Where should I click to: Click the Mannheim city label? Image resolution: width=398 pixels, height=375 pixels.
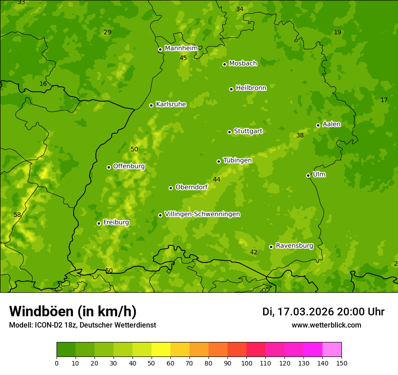point(181,48)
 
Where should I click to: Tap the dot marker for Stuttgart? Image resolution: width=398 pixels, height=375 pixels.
point(229,132)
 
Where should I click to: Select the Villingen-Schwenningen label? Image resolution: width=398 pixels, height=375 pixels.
point(202,214)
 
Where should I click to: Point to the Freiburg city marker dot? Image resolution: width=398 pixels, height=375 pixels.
point(99,223)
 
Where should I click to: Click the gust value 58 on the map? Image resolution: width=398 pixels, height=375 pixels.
point(17,215)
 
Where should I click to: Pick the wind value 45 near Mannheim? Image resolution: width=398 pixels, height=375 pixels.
point(183,58)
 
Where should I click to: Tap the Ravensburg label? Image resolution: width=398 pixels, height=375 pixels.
point(294,246)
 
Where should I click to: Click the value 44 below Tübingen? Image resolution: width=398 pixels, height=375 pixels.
point(217,179)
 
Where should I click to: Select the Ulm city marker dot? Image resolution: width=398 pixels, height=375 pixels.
point(308,175)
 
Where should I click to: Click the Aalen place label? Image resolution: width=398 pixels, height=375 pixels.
point(332,124)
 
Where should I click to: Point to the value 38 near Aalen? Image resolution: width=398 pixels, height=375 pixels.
point(300,135)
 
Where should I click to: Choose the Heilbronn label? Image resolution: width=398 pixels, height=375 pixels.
point(251,88)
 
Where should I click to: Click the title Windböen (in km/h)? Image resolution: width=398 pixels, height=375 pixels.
point(73,311)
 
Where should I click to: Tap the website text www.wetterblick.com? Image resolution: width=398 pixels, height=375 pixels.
point(326,325)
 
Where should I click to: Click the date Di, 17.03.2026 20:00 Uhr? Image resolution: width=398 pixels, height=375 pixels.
point(323,312)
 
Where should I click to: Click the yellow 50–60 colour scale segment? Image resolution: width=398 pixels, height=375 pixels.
point(161,350)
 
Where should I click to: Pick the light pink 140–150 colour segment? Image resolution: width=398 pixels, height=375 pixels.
point(332,350)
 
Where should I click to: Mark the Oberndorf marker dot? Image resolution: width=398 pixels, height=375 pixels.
point(171,188)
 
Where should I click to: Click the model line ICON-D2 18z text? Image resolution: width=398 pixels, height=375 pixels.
point(82,325)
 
